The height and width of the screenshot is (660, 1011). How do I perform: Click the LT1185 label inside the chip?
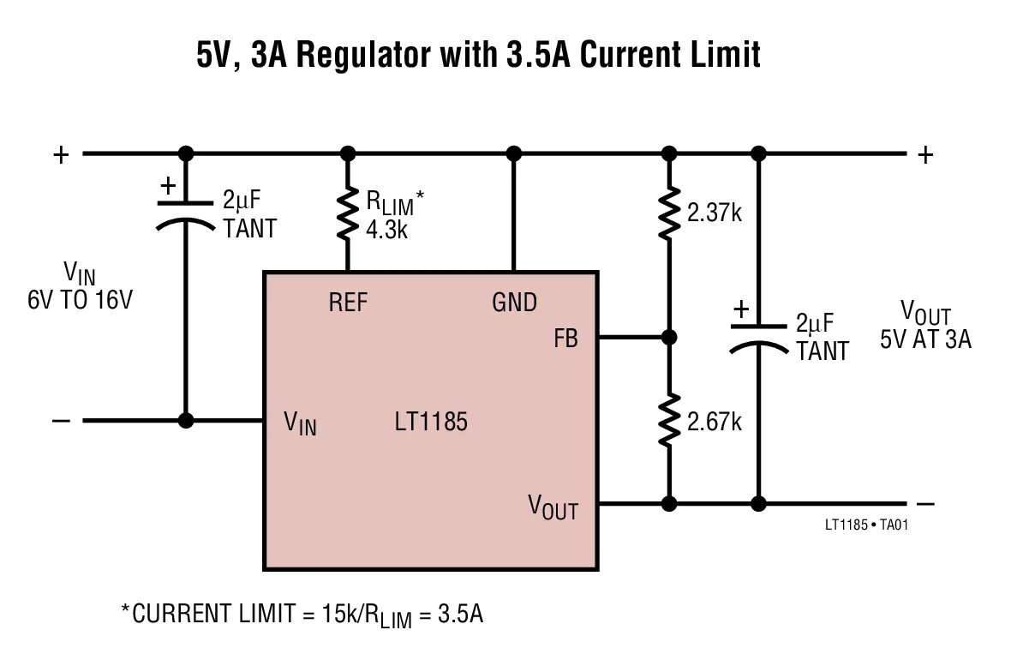pos(431,422)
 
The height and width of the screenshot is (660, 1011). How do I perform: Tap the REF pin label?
pos(347,303)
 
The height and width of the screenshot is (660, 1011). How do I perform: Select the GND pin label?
pos(514,303)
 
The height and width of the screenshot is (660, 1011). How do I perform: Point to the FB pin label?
pos(565,339)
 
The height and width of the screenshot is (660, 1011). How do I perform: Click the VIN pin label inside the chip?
pos(300,423)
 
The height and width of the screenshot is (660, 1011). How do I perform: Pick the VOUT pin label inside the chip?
pos(553,508)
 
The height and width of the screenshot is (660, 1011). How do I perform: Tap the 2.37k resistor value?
pos(714,213)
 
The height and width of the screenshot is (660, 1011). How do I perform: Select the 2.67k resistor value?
pos(714,421)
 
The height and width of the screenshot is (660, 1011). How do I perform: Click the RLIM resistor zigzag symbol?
pos(347,214)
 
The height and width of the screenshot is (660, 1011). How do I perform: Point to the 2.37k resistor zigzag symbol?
pos(669,214)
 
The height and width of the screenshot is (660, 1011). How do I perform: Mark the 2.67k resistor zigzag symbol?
pos(669,420)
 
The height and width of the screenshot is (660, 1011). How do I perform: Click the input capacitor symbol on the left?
pos(185,214)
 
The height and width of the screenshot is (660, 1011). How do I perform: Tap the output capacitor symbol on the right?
pos(757,337)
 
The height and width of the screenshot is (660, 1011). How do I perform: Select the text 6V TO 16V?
pos(80,301)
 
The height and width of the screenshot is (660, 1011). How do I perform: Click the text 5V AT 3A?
pos(925,339)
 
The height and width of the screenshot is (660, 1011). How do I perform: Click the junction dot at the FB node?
pos(669,338)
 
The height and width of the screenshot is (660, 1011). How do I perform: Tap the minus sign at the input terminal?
pos(61,421)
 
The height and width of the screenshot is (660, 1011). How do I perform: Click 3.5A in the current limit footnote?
pos(460,615)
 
